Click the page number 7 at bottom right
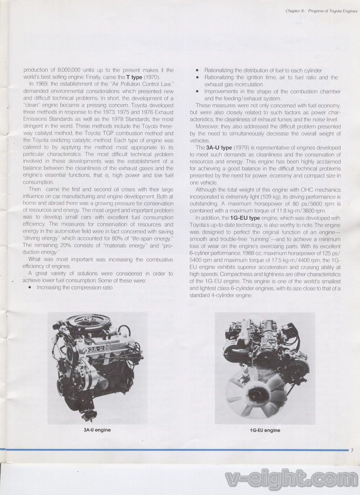coord(353,450)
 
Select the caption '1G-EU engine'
coord(265,430)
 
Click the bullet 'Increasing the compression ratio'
coord(75,287)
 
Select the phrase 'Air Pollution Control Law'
coord(140,85)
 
